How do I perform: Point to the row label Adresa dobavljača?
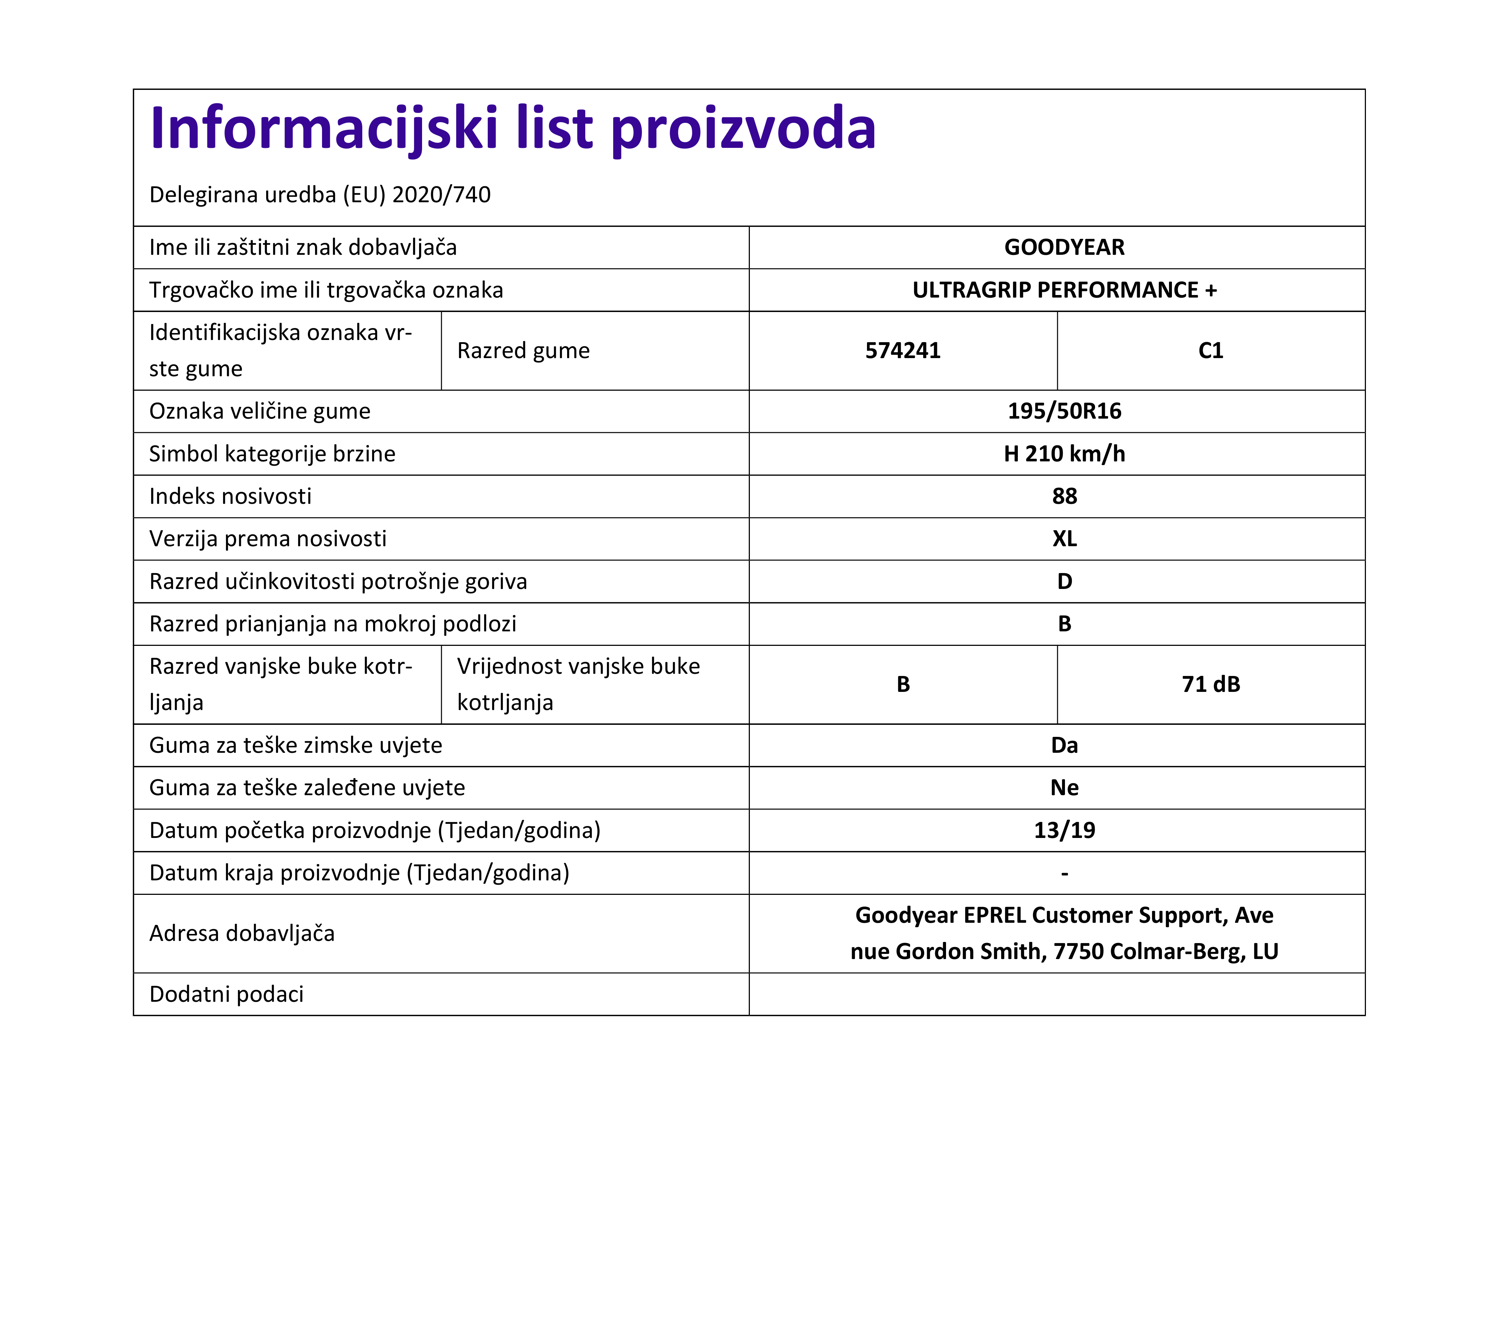point(242,934)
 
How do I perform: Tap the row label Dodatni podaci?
point(226,995)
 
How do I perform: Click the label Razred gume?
point(523,351)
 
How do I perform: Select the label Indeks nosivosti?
point(230,497)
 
